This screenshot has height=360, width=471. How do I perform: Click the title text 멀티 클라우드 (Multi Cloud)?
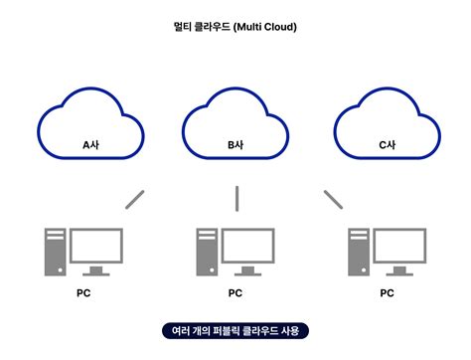point(235,27)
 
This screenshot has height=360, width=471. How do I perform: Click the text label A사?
point(89,145)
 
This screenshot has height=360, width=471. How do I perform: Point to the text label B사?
point(235,145)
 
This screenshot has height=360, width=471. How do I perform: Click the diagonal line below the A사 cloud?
point(135,198)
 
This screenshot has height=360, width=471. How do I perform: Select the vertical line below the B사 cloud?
point(236,198)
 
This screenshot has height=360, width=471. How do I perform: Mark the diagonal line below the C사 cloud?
point(333,199)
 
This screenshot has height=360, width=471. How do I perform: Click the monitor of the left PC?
point(95,246)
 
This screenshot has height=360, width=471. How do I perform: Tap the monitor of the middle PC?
point(245,246)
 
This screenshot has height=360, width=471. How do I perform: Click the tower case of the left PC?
point(56,252)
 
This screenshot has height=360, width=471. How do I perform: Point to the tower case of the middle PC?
point(206,252)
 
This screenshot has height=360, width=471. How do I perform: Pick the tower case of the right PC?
point(358,252)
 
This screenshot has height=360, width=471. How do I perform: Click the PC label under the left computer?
point(83,293)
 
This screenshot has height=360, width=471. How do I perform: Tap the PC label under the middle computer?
point(235,293)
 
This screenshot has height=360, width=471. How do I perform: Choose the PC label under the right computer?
point(387,293)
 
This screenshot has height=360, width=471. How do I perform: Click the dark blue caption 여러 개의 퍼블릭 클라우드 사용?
point(235,330)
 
